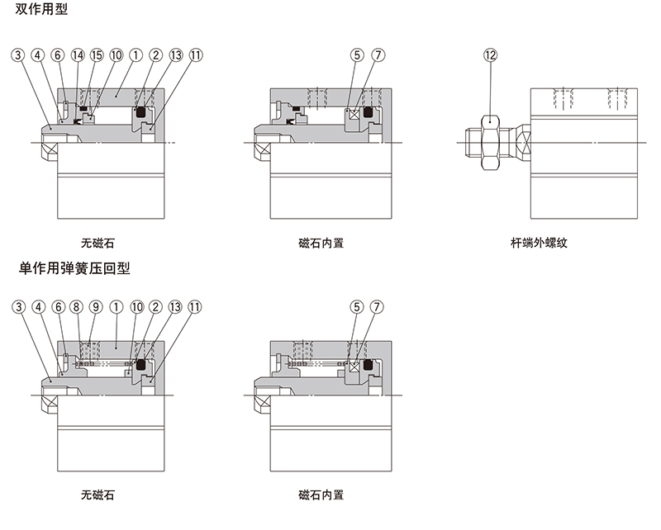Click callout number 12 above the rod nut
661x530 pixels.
(491, 55)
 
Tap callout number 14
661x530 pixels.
(78, 55)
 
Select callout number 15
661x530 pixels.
(97, 55)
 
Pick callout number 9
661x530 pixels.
(96, 307)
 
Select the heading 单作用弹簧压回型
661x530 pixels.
(74, 268)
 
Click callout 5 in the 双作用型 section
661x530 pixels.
(357, 55)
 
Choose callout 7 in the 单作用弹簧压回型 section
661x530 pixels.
(378, 307)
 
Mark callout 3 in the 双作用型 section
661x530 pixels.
(18, 55)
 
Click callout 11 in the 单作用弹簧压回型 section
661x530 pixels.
(195, 307)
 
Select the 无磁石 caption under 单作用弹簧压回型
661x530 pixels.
(97, 495)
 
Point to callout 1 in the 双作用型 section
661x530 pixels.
(136, 55)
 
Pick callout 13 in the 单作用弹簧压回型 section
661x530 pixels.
(175, 307)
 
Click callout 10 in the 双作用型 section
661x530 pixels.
(116, 55)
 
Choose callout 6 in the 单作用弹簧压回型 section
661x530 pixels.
(57, 307)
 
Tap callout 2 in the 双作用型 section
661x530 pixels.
(155, 55)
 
